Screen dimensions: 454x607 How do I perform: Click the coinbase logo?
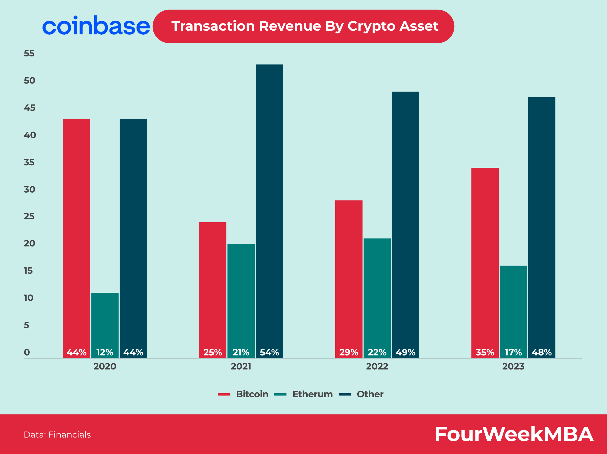[96, 26]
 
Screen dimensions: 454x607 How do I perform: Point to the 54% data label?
[269, 352]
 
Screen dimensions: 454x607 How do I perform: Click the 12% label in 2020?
[105, 352]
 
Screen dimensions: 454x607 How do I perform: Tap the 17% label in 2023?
[513, 352]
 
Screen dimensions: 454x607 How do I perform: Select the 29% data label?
[349, 352]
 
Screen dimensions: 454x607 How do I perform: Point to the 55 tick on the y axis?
[29, 53]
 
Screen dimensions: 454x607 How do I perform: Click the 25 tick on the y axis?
[29, 216]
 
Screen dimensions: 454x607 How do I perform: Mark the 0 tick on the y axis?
[27, 352]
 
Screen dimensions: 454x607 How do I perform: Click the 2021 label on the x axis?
[241, 366]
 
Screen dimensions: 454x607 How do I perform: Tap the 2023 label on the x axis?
[513, 366]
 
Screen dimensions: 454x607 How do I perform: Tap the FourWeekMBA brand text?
[514, 434]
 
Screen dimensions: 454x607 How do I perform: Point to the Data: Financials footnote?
[57, 435]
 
